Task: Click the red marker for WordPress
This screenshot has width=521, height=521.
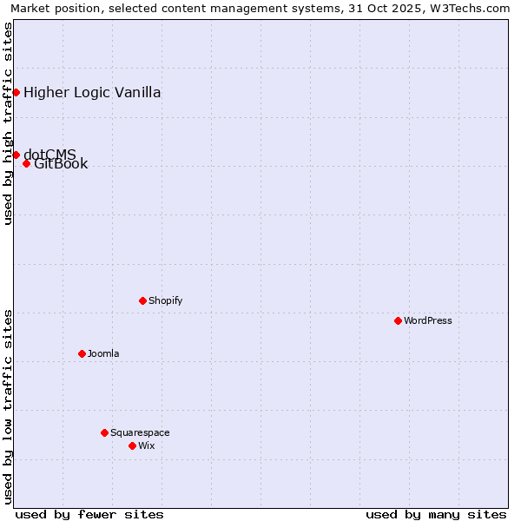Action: coord(398,320)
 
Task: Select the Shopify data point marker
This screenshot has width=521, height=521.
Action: coord(142,300)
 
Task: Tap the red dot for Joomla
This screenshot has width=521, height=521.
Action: coord(82,353)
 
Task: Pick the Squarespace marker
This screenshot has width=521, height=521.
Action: coord(104,432)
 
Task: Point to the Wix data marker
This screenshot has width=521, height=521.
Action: coord(132,445)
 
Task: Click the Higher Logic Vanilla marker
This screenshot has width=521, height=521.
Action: coord(16,92)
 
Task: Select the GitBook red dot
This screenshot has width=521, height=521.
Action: coord(26,163)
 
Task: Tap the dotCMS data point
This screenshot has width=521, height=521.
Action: coord(16,155)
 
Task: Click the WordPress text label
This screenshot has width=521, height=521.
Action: coord(428,320)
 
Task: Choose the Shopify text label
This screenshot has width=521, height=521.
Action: coord(165,300)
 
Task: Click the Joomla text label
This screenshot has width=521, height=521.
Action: coord(103,353)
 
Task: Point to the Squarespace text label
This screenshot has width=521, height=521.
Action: coord(140,432)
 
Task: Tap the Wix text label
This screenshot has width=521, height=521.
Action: coord(146,445)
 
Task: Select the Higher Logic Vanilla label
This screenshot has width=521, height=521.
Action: coord(92,93)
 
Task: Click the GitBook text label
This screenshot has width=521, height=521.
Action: coord(61,164)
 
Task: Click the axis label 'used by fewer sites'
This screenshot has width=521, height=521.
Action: coord(89,514)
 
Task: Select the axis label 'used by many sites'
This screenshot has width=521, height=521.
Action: coord(436,514)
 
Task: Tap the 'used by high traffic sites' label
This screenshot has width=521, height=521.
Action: coord(8,123)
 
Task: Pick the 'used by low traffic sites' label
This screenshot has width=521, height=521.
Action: coord(8,406)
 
